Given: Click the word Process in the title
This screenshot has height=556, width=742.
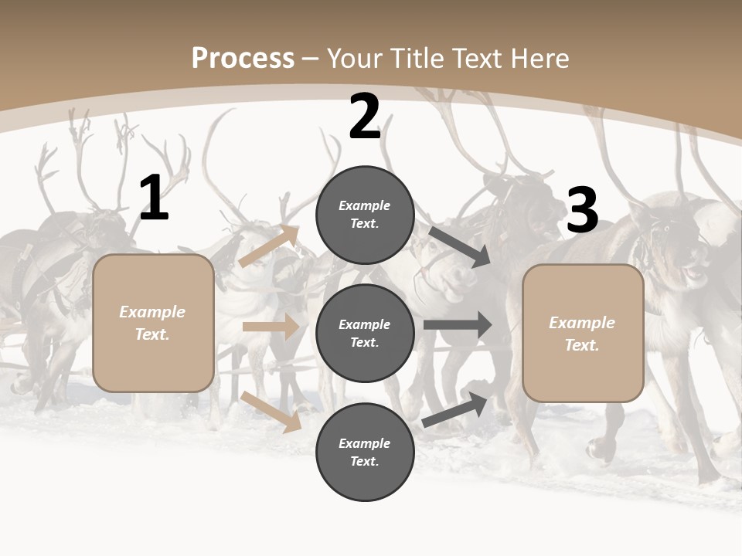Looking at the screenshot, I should pyautogui.click(x=243, y=59).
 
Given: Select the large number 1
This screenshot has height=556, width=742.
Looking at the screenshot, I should pyautogui.click(x=154, y=198).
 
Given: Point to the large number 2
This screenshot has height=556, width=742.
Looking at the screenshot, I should pyautogui.click(x=365, y=117).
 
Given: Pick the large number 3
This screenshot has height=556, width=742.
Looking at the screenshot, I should pyautogui.click(x=582, y=211).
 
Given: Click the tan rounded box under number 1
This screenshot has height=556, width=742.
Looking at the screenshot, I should pyautogui.click(x=153, y=323).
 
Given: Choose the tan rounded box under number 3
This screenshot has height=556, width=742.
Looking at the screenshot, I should pyautogui.click(x=583, y=334).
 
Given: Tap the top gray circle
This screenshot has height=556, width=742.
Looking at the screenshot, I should pyautogui.click(x=365, y=215).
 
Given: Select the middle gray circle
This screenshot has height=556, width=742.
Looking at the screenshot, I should pyautogui.click(x=365, y=334).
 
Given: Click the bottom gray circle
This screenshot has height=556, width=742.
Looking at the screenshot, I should pyautogui.click(x=365, y=453).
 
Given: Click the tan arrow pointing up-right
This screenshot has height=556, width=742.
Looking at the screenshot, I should pyautogui.click(x=269, y=246).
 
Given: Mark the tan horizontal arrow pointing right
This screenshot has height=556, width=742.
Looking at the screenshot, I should pyautogui.click(x=271, y=327).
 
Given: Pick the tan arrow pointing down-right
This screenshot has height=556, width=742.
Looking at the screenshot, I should pyautogui.click(x=271, y=412).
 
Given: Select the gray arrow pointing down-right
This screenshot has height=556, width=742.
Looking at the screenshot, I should pyautogui.click(x=459, y=246).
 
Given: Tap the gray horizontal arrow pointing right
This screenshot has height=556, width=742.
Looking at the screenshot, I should pyautogui.click(x=458, y=325).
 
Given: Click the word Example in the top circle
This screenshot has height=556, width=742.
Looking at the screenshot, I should pyautogui.click(x=365, y=205).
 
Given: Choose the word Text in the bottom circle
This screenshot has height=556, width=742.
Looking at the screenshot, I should pyautogui.click(x=363, y=462).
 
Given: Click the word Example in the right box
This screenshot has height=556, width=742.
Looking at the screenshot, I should pyautogui.click(x=582, y=323).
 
